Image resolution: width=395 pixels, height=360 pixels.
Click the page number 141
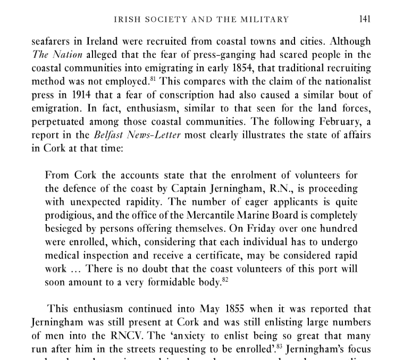tap(364, 20)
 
